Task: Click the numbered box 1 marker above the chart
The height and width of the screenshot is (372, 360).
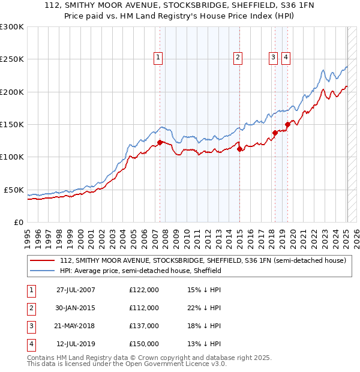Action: (158, 58)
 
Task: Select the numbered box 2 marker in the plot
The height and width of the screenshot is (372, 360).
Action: (238, 58)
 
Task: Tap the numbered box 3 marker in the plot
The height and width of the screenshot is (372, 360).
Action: (273, 58)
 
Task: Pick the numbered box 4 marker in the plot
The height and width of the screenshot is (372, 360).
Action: (285, 58)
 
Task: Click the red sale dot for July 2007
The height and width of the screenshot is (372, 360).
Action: (160, 142)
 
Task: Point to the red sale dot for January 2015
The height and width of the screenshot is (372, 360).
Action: (239, 149)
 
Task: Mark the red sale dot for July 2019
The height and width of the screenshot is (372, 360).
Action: (287, 124)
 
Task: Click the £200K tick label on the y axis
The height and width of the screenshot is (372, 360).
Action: (12, 92)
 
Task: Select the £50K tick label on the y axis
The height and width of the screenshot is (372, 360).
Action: (14, 190)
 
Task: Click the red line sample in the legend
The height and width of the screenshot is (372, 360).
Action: (43, 261)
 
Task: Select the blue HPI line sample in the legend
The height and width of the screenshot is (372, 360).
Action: (43, 271)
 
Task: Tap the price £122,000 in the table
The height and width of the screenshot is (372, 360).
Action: (144, 290)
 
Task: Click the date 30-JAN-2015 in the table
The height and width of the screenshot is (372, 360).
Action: (76, 308)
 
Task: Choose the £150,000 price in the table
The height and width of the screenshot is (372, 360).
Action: (144, 344)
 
